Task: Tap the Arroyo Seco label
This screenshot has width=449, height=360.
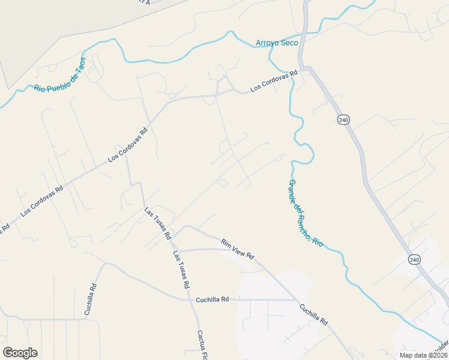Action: coord(276,43)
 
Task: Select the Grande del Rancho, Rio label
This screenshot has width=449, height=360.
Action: coord(306,213)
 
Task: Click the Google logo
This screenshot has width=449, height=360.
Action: coord(20,353)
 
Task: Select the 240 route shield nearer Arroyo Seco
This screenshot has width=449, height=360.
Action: coord(343,120)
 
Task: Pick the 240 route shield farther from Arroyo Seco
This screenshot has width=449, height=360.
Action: coord(413,260)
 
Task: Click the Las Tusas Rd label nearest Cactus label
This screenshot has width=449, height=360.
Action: coord(181,269)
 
